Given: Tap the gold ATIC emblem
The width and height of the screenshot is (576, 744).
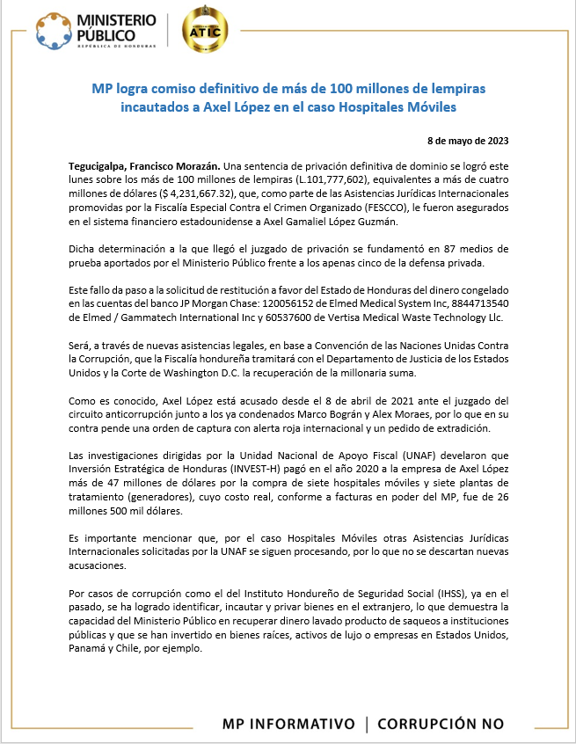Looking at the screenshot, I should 203,31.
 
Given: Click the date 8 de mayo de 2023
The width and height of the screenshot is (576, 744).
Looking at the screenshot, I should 467,141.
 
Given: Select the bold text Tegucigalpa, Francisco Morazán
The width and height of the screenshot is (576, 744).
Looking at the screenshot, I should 144,165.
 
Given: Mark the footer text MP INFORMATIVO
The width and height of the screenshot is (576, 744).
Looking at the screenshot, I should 288,724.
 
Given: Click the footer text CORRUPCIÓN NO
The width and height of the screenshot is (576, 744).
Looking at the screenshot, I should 441,724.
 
